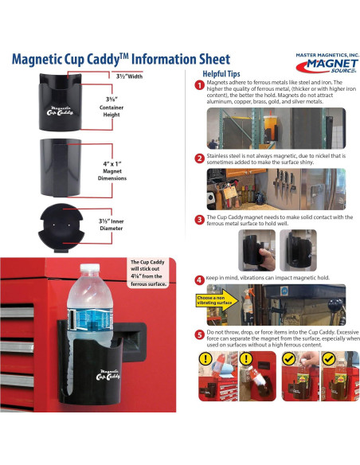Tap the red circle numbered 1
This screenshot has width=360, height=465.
tap(198, 85)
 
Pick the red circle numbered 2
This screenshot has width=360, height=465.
tap(198, 158)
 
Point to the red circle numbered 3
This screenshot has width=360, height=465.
tap(198, 219)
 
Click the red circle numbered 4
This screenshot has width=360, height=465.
tap(198, 279)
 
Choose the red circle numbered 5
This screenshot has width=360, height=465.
tap(198, 334)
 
